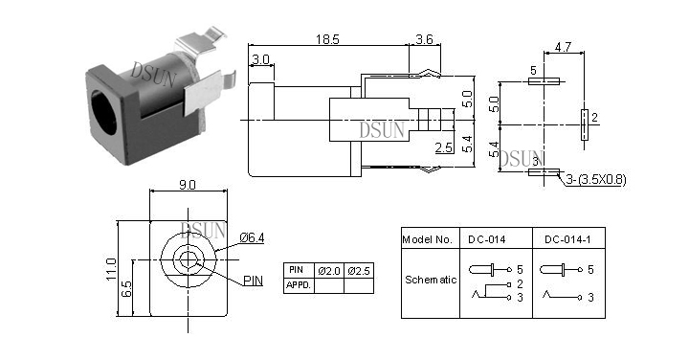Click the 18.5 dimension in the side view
327,39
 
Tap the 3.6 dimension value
424,39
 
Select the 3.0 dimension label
260,59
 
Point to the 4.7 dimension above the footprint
563,47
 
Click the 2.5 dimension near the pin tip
444,147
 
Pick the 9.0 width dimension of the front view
188,185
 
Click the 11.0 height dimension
111,269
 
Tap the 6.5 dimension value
126,289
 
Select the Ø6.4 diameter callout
253,237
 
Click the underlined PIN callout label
253,281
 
